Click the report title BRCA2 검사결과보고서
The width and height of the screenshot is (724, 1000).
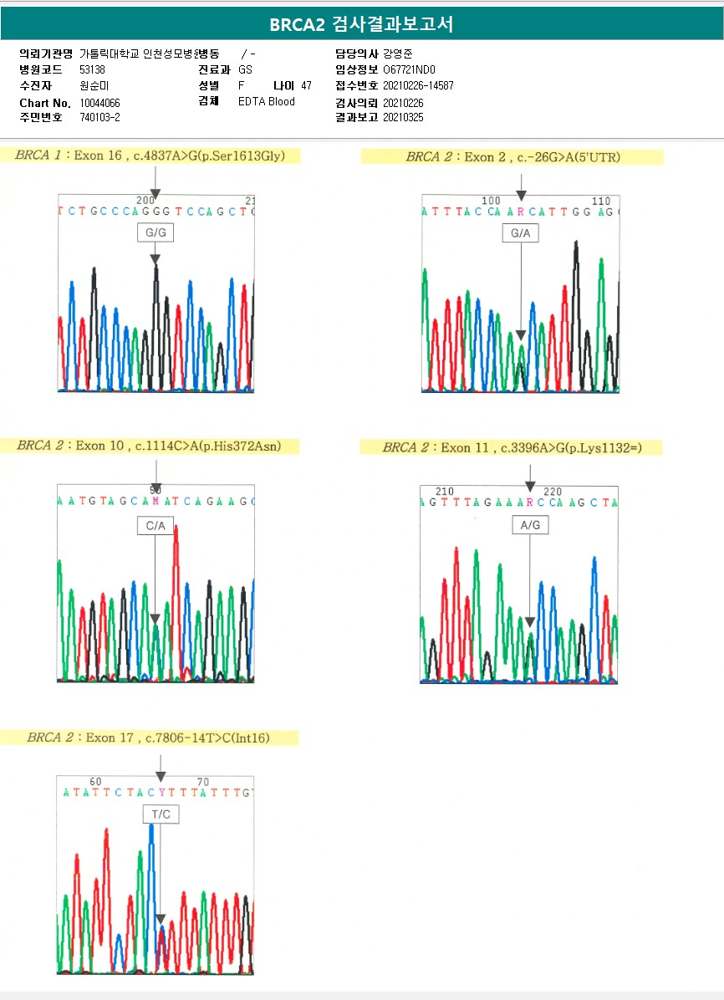(x=361, y=25)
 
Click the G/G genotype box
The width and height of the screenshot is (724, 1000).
(x=156, y=233)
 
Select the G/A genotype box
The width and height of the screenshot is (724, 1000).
(x=520, y=234)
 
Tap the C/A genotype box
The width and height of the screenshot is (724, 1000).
(x=156, y=526)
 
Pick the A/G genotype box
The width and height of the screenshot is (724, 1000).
(x=530, y=525)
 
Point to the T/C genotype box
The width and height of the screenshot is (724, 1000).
(x=160, y=814)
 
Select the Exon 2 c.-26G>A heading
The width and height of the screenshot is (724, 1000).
(x=512, y=156)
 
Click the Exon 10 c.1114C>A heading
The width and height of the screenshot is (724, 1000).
(x=149, y=446)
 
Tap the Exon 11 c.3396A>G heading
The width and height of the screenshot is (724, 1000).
(x=512, y=448)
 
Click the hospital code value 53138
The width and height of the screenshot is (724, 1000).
(x=92, y=70)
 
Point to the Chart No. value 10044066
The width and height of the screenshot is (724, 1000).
(x=100, y=103)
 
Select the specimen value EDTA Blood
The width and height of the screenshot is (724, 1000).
(x=267, y=102)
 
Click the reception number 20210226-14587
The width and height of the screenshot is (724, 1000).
(x=418, y=85)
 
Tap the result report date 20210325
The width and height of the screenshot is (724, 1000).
(x=403, y=117)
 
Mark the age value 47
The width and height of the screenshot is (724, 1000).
(x=306, y=85)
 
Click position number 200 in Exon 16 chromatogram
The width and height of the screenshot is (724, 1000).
(x=145, y=201)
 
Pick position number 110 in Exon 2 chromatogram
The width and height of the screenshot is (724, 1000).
(x=600, y=202)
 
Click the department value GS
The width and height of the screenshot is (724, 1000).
(x=245, y=70)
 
